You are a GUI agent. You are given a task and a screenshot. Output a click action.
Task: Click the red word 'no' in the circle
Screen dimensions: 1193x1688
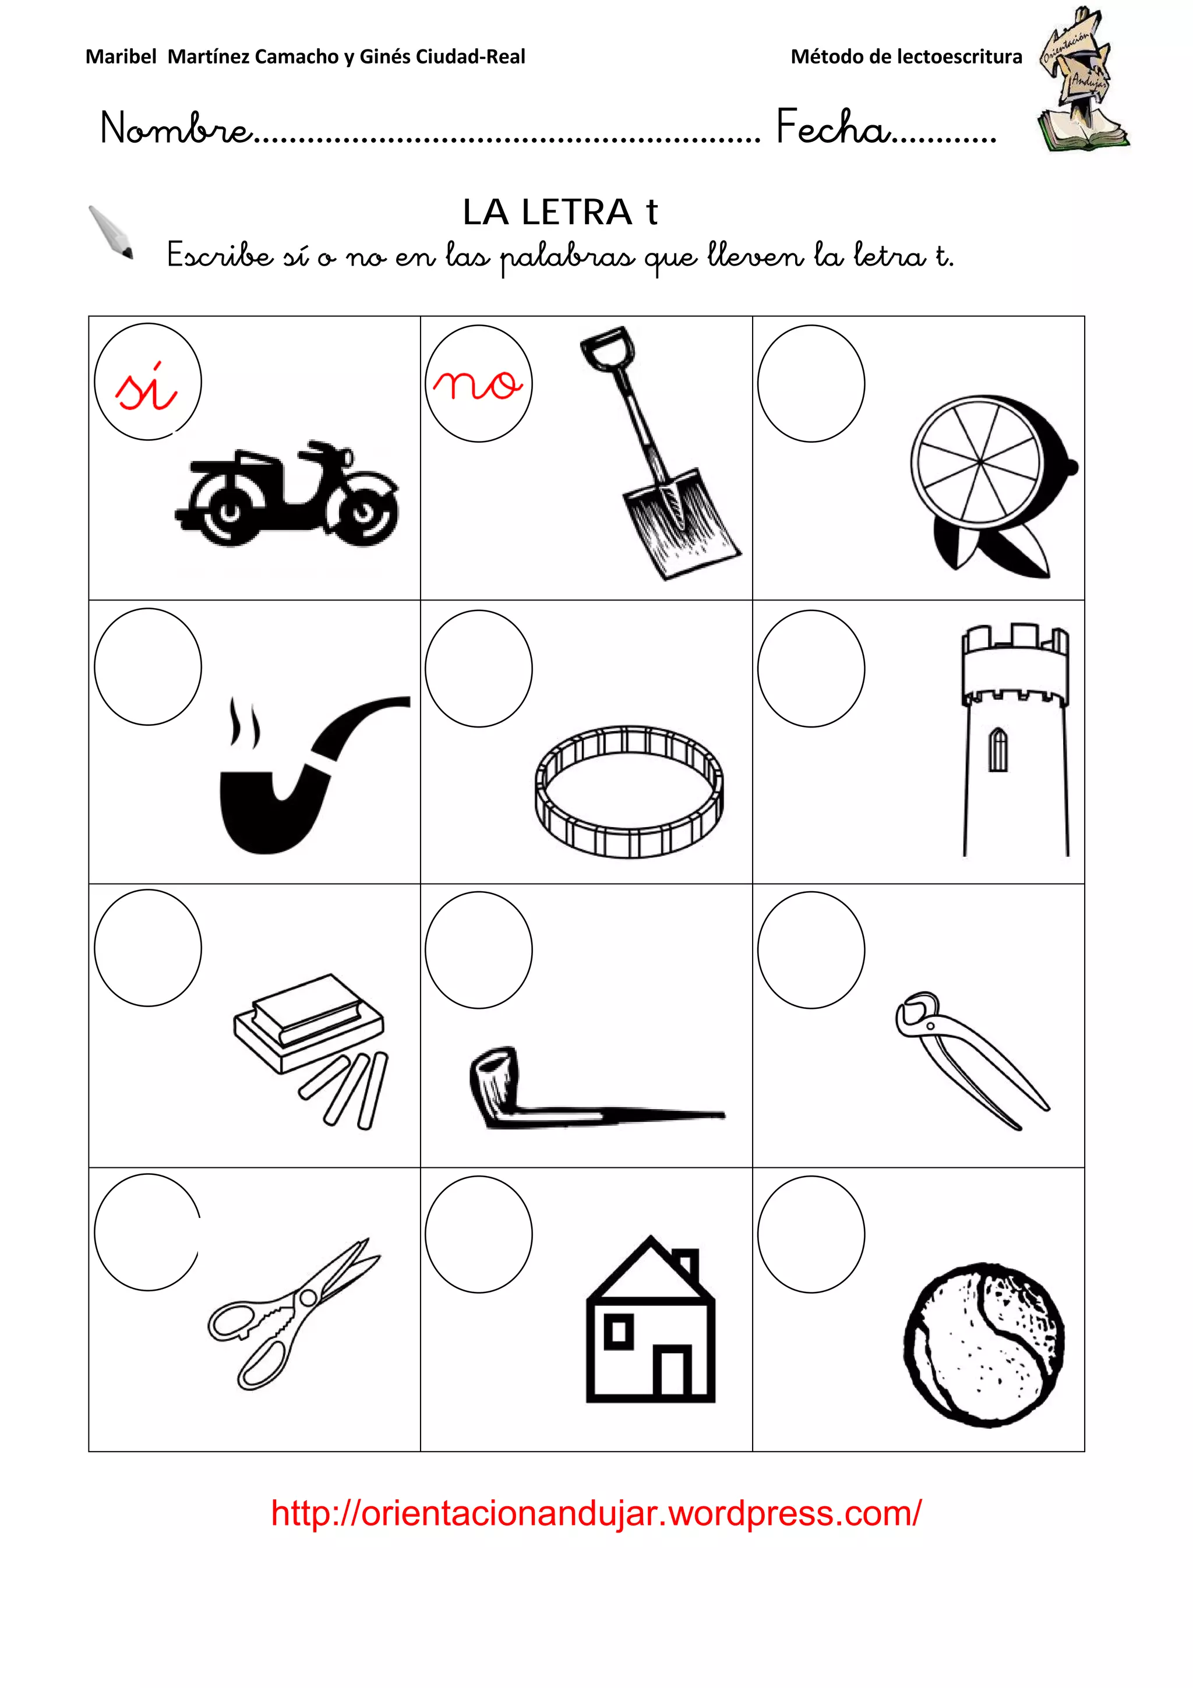(478, 384)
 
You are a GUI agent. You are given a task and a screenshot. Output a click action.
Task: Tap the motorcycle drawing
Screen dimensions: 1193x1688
(287, 493)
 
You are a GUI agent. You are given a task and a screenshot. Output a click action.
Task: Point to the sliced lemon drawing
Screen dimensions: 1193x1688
(993, 485)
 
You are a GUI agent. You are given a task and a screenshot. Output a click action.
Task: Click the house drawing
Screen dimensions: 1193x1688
(651, 1320)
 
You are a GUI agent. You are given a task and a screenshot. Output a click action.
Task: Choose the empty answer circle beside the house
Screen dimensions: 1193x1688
(478, 1234)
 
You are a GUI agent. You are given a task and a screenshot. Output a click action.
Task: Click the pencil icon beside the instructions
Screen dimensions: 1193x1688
(111, 232)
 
